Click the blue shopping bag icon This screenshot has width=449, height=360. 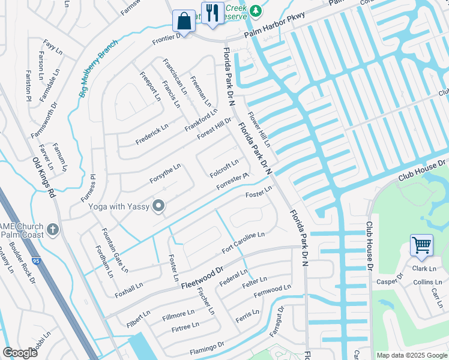click(184, 21)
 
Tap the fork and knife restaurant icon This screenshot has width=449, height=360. click(212, 13)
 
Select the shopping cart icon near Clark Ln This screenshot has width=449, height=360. click(421, 245)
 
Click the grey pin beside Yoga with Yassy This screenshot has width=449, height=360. click(158, 206)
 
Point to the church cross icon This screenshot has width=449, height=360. click(53, 229)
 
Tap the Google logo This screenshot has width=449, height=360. click(20, 352)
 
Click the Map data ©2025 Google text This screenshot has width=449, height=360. click(411, 355)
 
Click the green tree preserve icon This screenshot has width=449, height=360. click(256, 10)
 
